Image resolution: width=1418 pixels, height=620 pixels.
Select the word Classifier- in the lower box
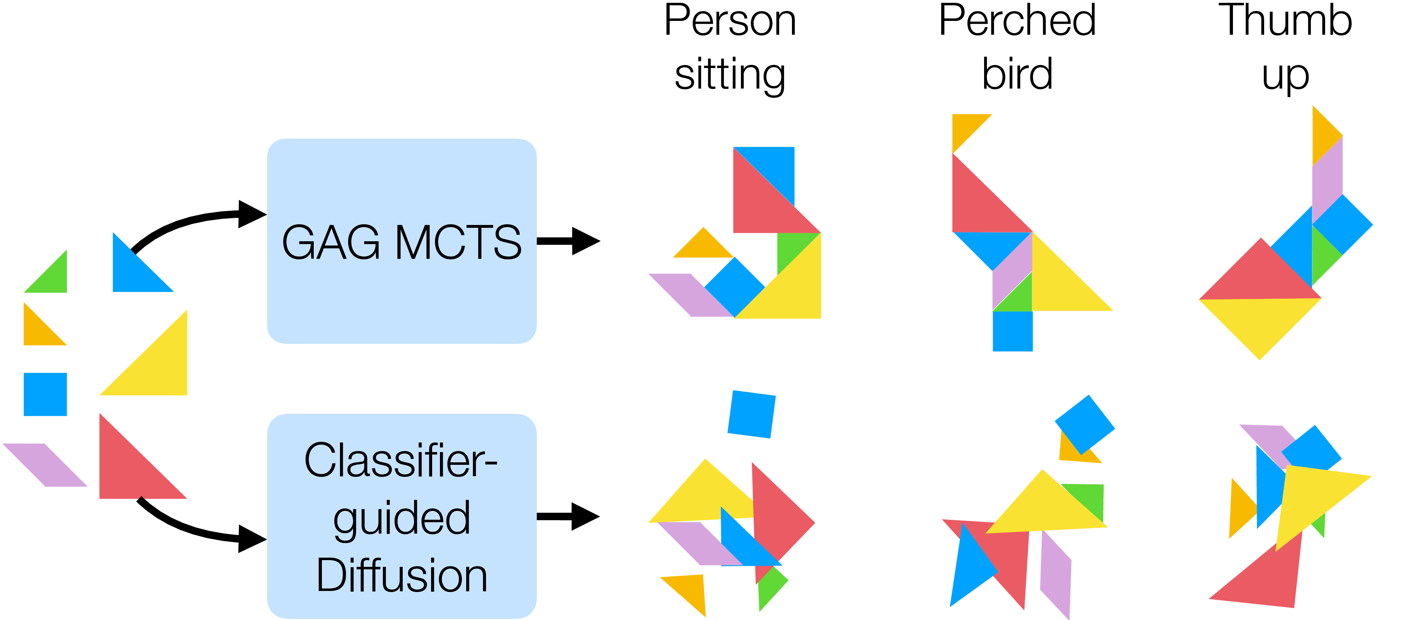pyautogui.click(x=400, y=461)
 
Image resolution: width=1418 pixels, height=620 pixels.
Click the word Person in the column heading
pyautogui.click(x=730, y=21)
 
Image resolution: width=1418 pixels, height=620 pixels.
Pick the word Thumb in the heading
pyautogui.click(x=1285, y=21)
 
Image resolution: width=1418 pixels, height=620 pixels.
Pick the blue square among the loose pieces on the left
pyautogui.click(x=45, y=394)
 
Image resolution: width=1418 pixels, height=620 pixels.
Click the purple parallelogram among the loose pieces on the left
pyautogui.click(x=45, y=465)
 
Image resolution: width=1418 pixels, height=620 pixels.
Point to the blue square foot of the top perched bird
pyautogui.click(x=1012, y=331)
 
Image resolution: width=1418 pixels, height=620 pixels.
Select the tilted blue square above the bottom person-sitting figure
pyautogui.click(x=752, y=414)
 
